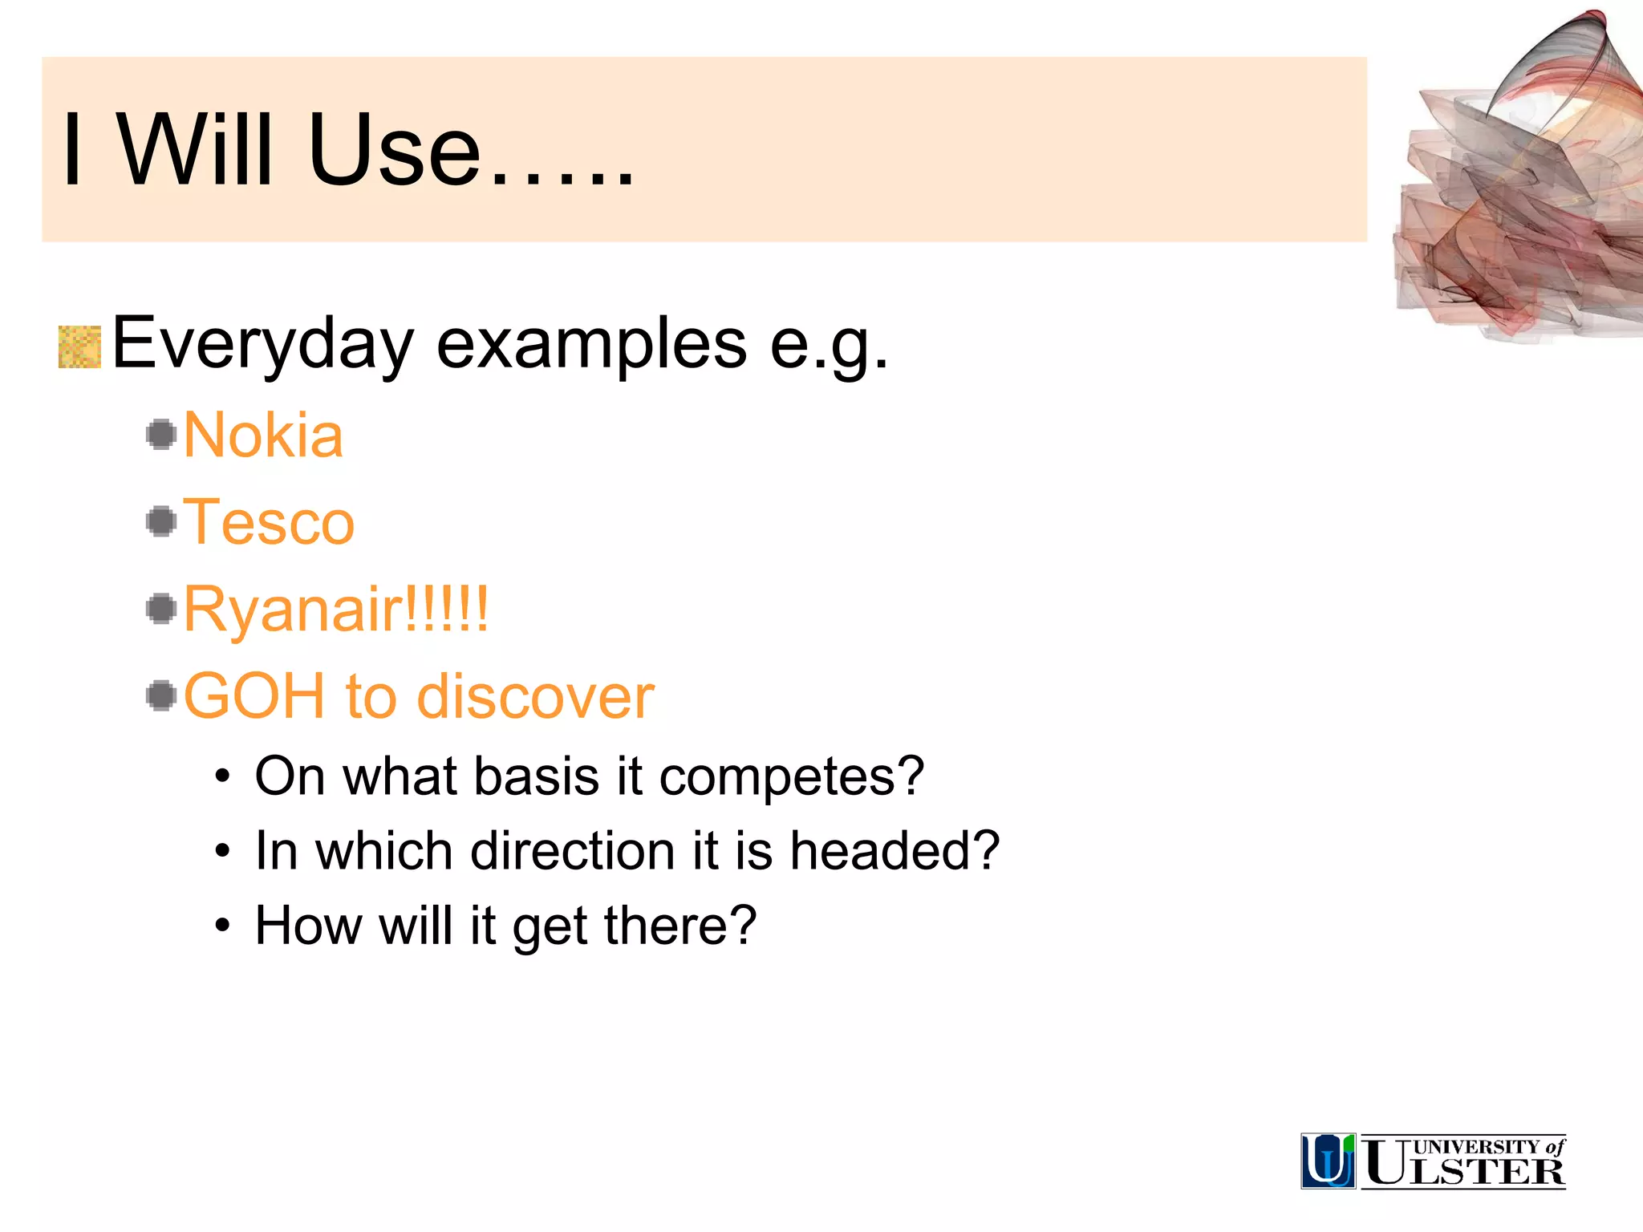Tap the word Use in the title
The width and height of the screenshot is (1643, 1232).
tap(393, 150)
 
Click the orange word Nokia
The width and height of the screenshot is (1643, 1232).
tap(263, 436)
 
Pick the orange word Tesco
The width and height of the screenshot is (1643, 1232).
tap(269, 522)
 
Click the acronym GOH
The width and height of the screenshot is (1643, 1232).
tap(254, 695)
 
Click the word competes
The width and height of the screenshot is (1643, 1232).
tap(791, 776)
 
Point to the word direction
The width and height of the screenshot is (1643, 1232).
tap(572, 850)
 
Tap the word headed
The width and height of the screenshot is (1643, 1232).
tap(894, 850)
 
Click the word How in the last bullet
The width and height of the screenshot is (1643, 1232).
tap(307, 925)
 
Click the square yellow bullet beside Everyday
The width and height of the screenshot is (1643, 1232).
tap(79, 347)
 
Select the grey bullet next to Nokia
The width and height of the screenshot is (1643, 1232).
tap(162, 435)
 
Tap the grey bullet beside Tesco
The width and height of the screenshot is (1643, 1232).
tap(162, 521)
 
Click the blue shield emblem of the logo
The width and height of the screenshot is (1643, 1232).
tap(1328, 1161)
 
